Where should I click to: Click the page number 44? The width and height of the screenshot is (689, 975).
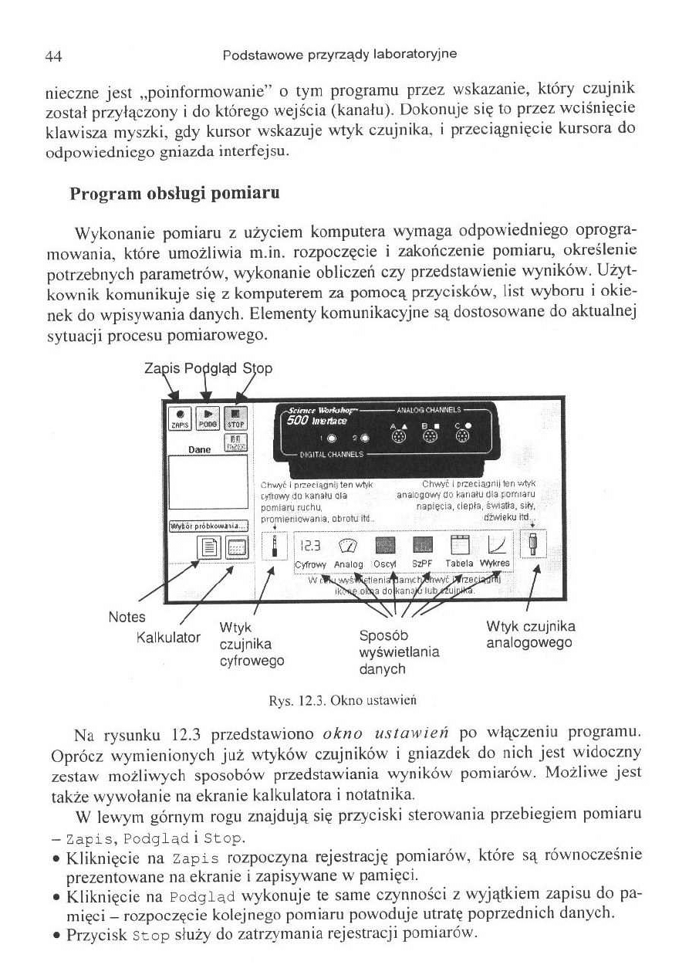[53, 56]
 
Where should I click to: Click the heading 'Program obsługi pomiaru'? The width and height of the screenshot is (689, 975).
[174, 193]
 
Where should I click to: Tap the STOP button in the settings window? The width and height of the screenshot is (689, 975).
[235, 417]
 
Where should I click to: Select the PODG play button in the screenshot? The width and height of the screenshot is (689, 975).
[206, 417]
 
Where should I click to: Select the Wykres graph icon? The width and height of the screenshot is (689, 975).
[495, 547]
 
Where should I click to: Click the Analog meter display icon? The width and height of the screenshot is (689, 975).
[348, 547]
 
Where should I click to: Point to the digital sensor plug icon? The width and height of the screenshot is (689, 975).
[275, 549]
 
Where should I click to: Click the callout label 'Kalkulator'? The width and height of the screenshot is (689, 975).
[167, 638]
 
